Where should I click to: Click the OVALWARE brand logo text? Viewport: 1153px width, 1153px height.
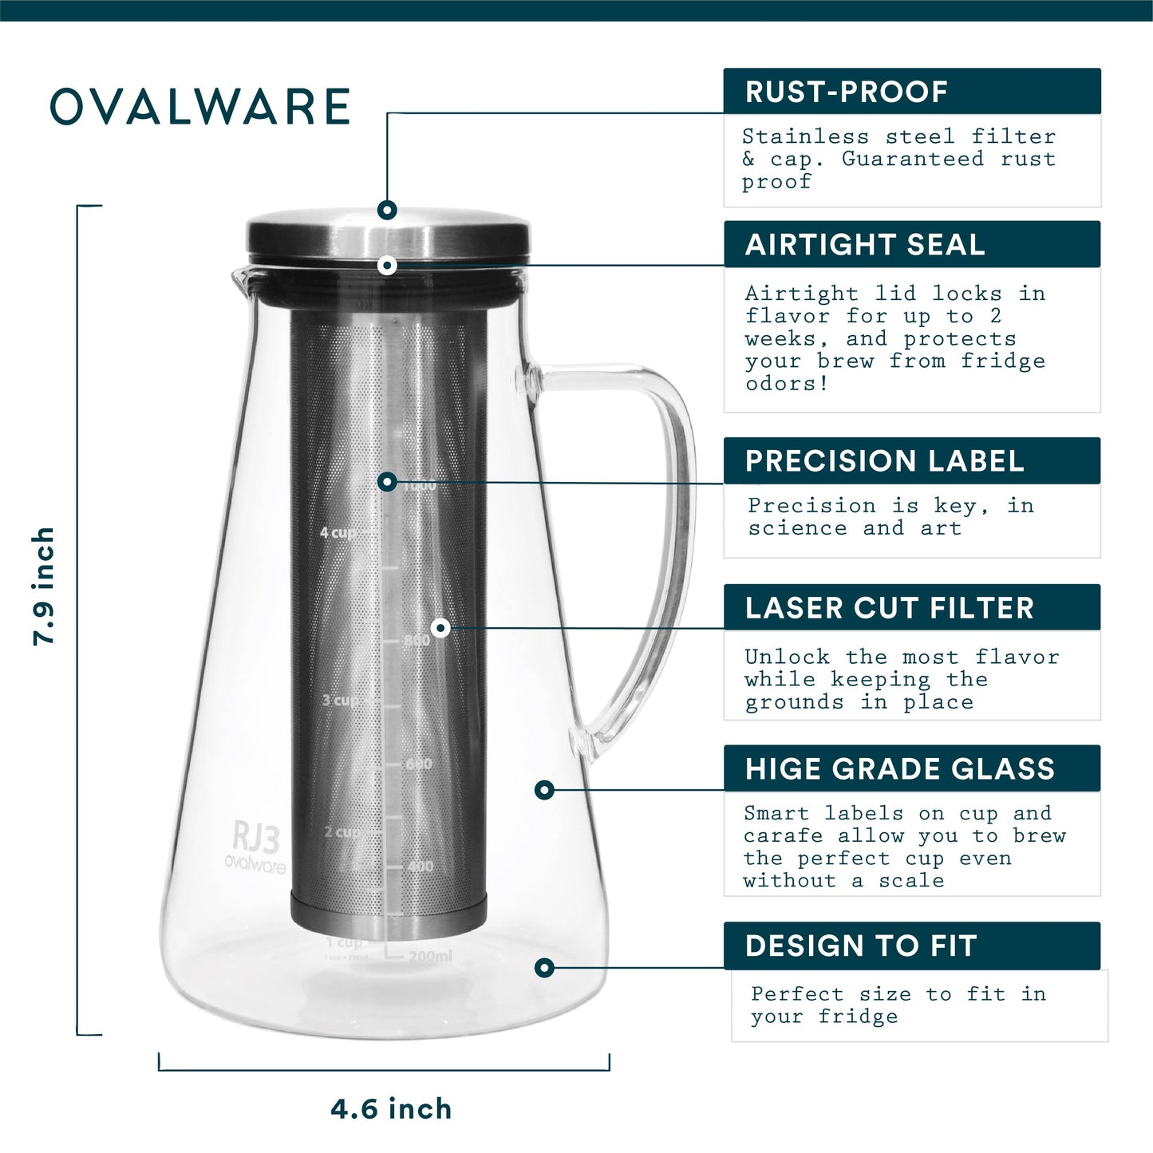pos(200,107)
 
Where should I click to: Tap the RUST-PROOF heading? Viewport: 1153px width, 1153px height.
pos(847,92)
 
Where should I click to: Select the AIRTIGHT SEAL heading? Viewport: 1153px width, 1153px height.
pos(865,245)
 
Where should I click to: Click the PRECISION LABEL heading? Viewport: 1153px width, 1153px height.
pos(884,461)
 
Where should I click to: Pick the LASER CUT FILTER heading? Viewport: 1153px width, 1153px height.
pos(889,608)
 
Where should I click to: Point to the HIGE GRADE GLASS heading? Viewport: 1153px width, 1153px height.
pos(899,769)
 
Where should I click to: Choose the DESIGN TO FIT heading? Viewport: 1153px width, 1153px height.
pos(861,946)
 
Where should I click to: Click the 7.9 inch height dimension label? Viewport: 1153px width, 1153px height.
pos(44,586)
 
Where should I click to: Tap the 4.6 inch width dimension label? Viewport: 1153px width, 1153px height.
pos(391,1109)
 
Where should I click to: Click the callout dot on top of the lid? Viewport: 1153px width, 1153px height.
pos(388,210)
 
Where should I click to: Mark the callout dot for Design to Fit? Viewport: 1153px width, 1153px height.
pos(544,968)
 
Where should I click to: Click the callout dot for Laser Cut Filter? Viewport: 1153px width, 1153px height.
pos(440,628)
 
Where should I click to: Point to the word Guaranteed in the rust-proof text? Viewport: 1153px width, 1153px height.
pos(912,159)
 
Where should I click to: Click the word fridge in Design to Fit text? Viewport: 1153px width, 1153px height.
pos(858,1017)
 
